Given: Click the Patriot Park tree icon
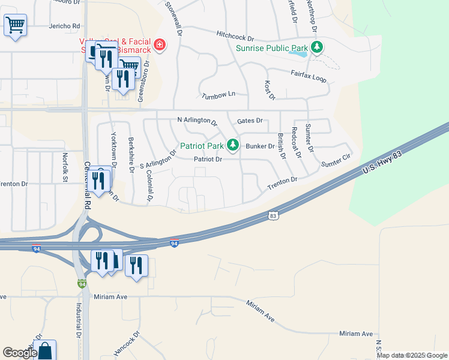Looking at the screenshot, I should point(233,145).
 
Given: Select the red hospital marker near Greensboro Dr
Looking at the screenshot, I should point(159,45).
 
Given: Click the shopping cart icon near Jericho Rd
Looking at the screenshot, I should point(15,26).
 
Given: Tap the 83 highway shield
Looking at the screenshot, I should point(273,215).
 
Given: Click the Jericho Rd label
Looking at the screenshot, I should point(64,26).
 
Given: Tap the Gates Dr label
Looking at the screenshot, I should point(250,121).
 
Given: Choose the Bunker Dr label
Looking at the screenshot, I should point(260,146).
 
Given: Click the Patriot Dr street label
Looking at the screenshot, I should point(208,160).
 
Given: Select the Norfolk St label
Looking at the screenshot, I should point(65,163).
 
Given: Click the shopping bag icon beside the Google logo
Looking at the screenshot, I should point(45,350).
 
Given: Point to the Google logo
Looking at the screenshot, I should point(20,352).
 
